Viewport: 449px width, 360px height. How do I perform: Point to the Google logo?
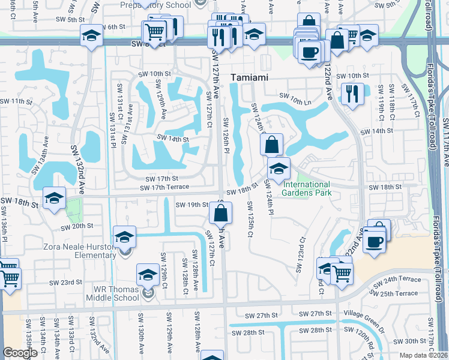20,353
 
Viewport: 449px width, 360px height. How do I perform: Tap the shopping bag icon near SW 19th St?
221,212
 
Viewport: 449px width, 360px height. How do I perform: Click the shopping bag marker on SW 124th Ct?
271,144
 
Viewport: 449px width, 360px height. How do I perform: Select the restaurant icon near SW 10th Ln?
352,93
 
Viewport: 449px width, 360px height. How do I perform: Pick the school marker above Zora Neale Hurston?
124,236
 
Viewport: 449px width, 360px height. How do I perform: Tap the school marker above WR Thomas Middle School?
148,274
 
